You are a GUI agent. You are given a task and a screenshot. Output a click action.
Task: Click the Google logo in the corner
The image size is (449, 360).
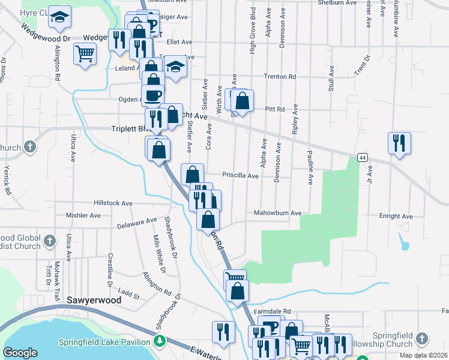[x=20, y=353]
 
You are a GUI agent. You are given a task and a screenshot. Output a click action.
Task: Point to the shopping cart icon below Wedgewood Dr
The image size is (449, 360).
[x=85, y=53]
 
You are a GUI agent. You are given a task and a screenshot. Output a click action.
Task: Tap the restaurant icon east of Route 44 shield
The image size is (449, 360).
[x=399, y=143]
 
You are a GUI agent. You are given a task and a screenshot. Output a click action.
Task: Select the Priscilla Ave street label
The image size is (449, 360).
[x=240, y=176]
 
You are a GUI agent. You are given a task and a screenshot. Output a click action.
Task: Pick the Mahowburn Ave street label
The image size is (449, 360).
[x=277, y=213]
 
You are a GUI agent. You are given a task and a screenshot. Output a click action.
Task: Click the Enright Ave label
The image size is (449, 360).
[x=396, y=216]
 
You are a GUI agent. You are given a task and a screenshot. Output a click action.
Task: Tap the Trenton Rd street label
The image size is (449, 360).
[x=280, y=77]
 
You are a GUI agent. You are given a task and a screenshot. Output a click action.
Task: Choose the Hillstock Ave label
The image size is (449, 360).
[x=113, y=203]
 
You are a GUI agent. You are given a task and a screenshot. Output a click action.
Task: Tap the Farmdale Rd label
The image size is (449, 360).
[x=271, y=312]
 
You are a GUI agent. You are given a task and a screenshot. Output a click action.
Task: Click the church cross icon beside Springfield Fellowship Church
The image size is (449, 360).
[x=423, y=339]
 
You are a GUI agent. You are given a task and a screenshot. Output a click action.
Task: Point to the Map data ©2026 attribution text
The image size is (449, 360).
[x=423, y=355]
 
